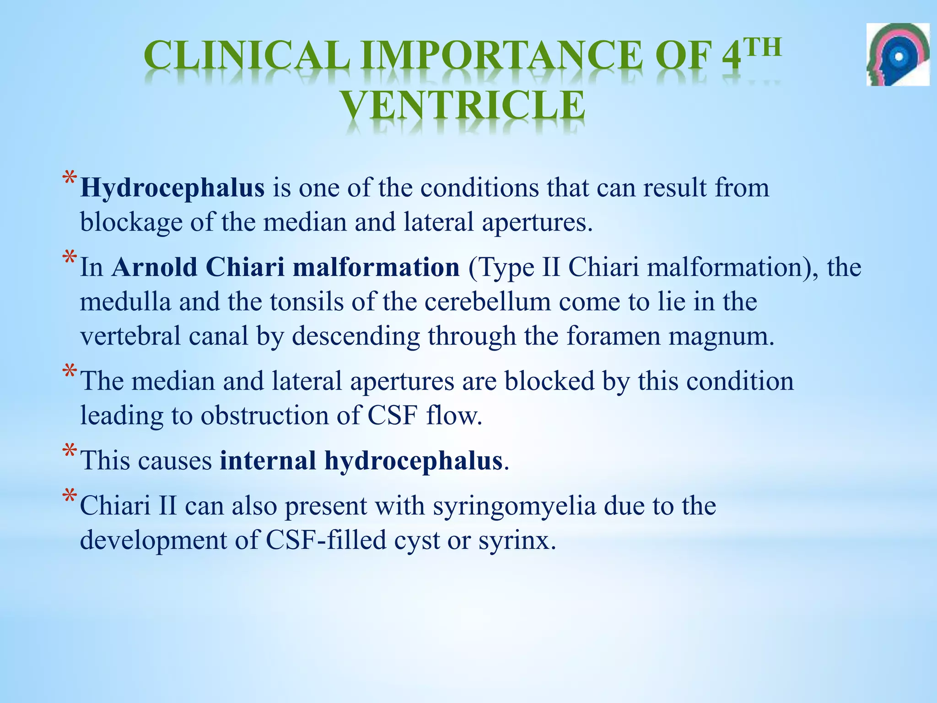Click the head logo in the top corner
tap(898, 54)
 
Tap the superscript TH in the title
tap(762, 48)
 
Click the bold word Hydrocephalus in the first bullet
tap(172, 188)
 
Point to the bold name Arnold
tap(154, 267)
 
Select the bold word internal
tap(268, 460)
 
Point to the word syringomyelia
tap(514, 506)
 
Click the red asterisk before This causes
tap(70, 452)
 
